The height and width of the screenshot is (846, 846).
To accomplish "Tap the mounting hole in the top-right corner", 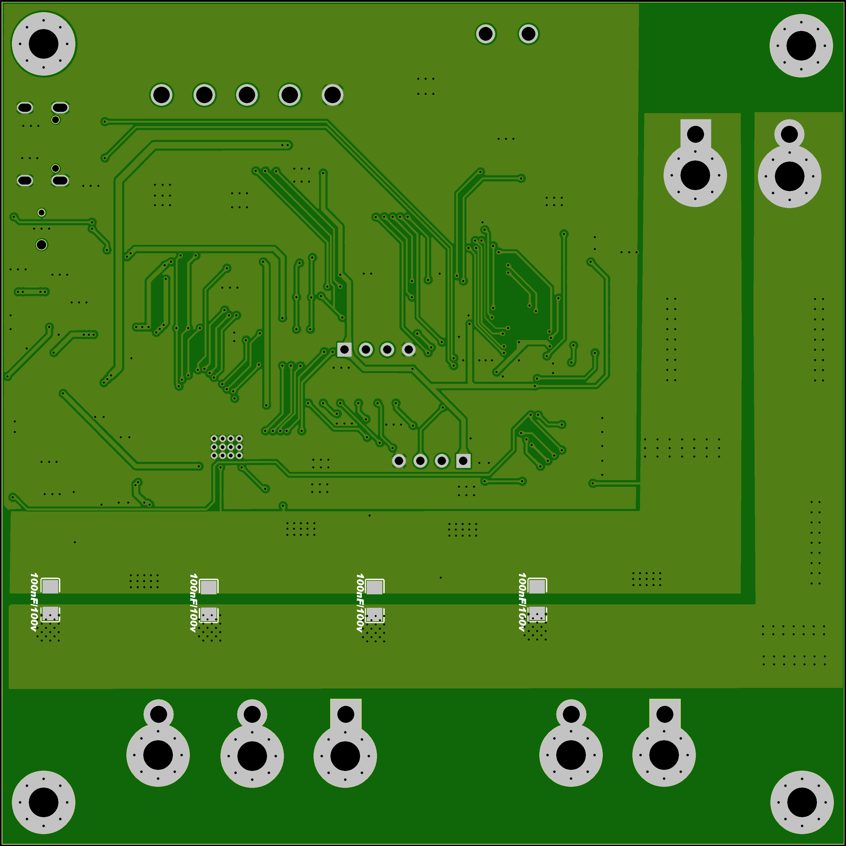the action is click(x=801, y=45).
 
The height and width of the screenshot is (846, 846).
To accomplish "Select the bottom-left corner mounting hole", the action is click(x=43, y=802).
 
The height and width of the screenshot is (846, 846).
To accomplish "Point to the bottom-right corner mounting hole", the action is click(x=802, y=802).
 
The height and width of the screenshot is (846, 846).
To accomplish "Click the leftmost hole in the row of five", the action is click(x=162, y=95).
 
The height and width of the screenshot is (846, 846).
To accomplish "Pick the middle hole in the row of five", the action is click(x=247, y=95).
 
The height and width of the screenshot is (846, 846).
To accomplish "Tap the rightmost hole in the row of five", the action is click(x=332, y=95).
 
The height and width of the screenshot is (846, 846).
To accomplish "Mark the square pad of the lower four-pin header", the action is click(x=463, y=461).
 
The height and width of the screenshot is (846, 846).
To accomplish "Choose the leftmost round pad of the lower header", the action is click(x=399, y=461).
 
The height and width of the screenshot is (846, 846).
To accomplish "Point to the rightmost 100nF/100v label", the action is click(x=522, y=602).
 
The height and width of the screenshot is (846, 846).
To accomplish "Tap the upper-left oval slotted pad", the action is click(x=25, y=107).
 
